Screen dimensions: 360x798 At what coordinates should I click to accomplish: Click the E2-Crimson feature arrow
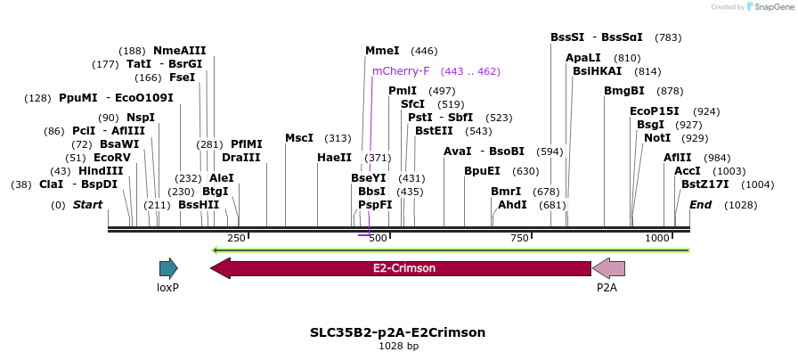coord(401,267)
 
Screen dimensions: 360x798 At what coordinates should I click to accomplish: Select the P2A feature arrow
coord(609,267)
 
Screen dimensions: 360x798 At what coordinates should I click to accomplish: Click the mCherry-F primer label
coord(401,71)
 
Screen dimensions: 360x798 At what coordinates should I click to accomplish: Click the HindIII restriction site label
coord(101,171)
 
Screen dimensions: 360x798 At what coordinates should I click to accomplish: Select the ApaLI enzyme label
coord(584,58)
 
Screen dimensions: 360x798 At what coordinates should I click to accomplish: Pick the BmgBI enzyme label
coord(623,91)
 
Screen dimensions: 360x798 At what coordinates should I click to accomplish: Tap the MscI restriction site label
coord(299,138)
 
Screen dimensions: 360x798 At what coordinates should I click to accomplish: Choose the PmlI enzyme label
coord(403,91)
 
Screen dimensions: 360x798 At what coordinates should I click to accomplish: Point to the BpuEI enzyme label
coord(482,171)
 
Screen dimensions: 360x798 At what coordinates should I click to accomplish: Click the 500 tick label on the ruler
coord(379,239)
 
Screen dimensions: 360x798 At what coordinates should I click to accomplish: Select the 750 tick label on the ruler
coord(520,239)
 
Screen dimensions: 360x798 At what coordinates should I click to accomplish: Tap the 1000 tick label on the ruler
coord(657,239)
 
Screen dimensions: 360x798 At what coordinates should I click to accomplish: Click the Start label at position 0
coord(87,205)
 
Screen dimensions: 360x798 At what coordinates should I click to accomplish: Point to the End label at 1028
coord(701,205)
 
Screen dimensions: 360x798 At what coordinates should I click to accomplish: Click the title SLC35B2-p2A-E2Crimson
coord(398,332)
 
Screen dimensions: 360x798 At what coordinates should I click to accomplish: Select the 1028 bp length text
coord(398,346)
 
